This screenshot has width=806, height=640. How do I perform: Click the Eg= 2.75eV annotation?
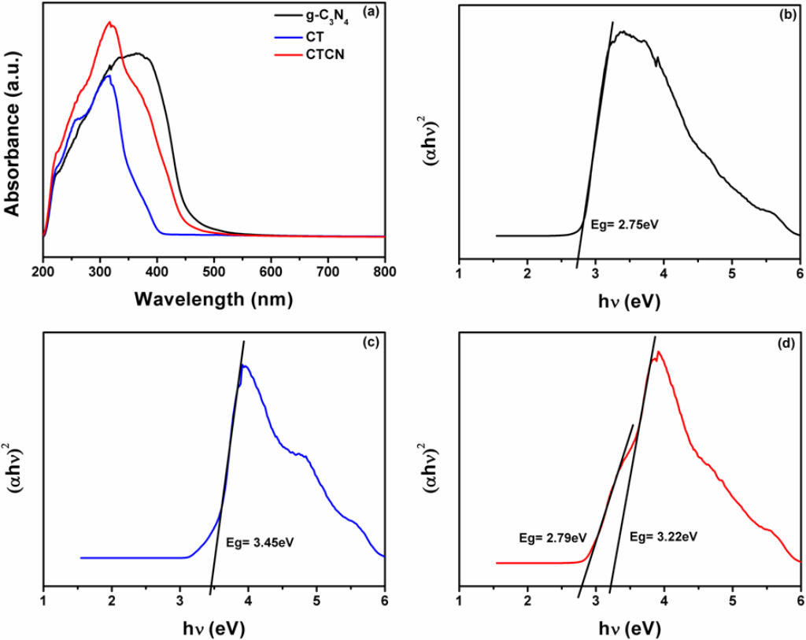click(623, 224)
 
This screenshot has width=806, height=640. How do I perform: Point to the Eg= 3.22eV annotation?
click(665, 537)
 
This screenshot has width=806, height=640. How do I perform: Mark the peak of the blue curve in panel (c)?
click(245, 366)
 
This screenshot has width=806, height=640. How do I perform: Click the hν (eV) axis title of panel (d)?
click(630, 628)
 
